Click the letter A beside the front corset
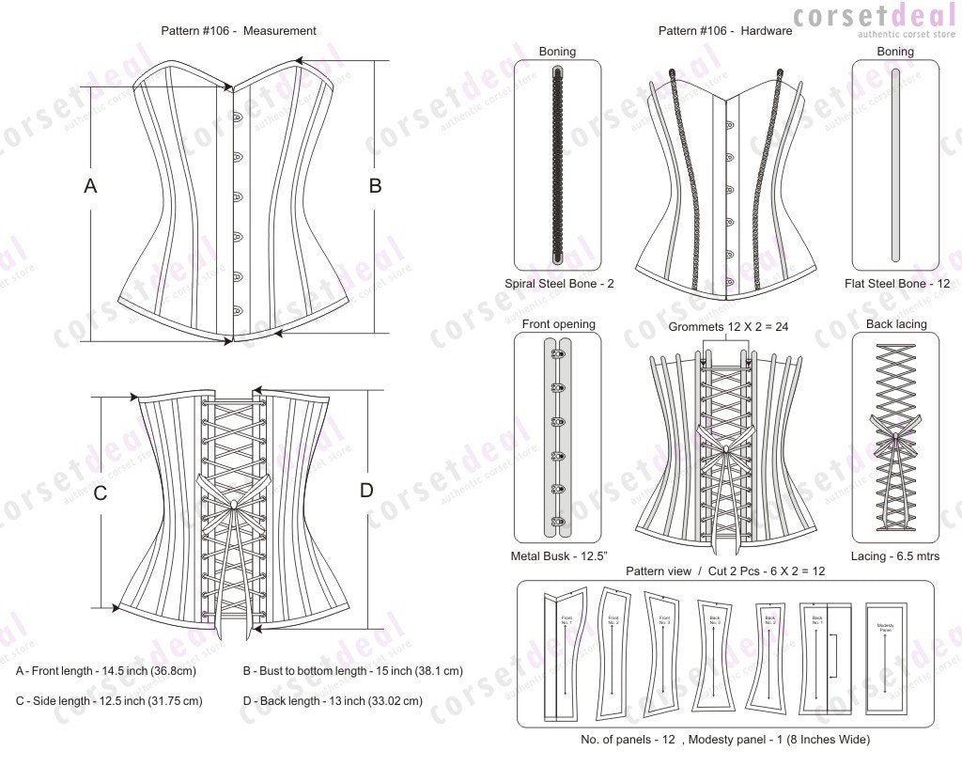click(90, 186)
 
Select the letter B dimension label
click(375, 186)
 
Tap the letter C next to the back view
click(101, 492)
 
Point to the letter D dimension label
click(366, 490)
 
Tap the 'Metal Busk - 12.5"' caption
click(557, 555)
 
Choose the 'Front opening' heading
click(558, 324)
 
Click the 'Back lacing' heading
click(896, 324)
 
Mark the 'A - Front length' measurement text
click(105, 671)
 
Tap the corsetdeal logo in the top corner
click(873, 20)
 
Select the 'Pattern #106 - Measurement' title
click(239, 30)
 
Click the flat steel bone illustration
click(895, 165)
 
